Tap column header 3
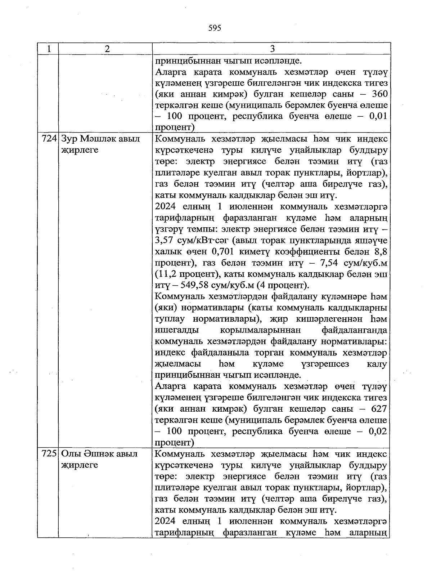coord(272,49)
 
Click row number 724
coord(49,139)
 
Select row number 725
coord(49,454)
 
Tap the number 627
coord(379,409)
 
